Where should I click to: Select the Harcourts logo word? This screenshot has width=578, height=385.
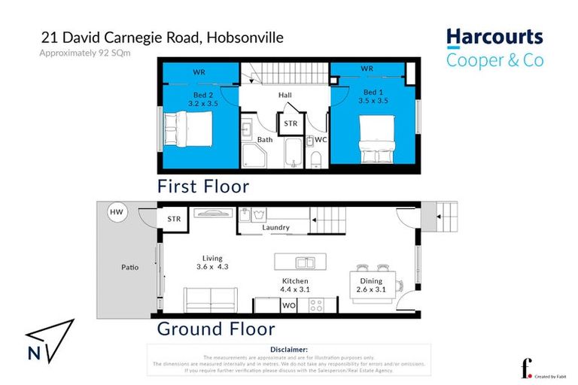coord(494,37)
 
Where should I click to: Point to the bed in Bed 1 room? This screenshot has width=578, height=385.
coord(377,138)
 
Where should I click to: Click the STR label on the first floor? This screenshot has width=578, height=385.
coord(291,122)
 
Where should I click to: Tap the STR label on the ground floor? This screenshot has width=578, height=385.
coord(175,219)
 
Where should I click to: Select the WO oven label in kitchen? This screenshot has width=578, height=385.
coord(288,305)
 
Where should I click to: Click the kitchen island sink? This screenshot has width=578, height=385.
coord(305,262)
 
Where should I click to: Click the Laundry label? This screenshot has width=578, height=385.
coord(275,227)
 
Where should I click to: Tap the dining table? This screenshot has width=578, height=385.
coord(373,282)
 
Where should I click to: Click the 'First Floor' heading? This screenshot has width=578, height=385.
coord(202,186)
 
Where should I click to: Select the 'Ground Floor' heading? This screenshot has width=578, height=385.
coord(215,329)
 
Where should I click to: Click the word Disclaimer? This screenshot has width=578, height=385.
coord(288,350)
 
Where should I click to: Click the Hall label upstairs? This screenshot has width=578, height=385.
coord(284,95)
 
